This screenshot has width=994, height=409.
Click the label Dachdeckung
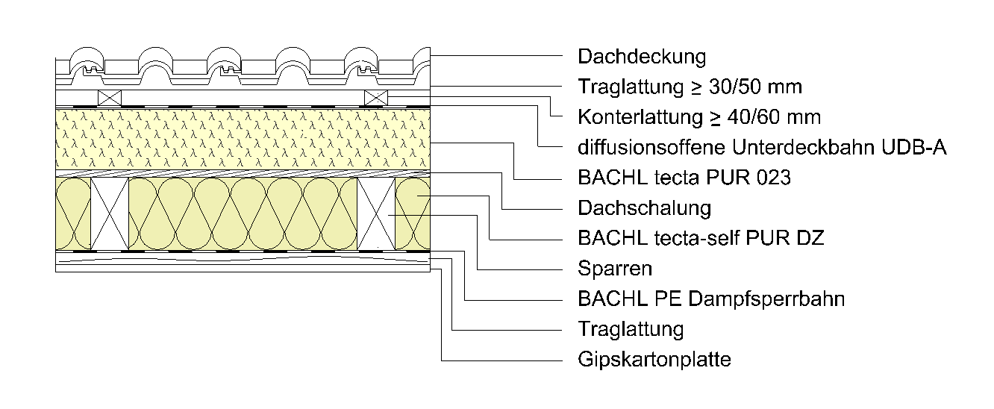click(x=641, y=57)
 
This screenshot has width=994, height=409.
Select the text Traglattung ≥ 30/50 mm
click(x=690, y=87)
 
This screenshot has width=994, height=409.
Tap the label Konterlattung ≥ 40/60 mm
click(x=699, y=117)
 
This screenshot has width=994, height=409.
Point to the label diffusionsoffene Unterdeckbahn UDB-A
click(x=762, y=148)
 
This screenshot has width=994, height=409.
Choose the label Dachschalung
click(x=644, y=207)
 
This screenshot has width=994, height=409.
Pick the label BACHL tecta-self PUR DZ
click(x=701, y=238)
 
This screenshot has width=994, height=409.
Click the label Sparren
click(x=615, y=268)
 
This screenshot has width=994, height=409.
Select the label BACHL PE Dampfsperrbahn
click(x=711, y=299)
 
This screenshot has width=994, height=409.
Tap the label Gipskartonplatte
click(x=654, y=360)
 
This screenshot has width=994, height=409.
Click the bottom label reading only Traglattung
click(x=631, y=329)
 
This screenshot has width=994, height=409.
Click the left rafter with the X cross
click(x=110, y=213)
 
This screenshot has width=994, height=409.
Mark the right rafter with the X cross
click(x=376, y=213)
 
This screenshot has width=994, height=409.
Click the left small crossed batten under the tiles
click(x=110, y=97)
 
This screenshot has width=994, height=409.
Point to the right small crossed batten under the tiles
click(x=376, y=97)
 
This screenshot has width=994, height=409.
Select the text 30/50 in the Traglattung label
click(x=733, y=87)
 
